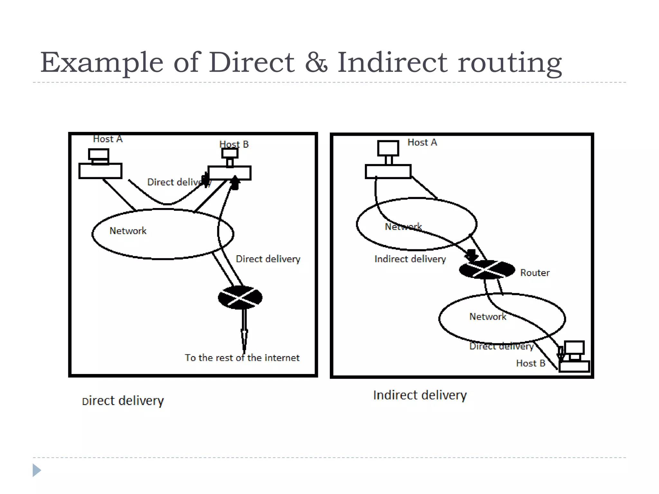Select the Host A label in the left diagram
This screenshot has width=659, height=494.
point(107,139)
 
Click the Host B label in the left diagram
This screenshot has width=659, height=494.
point(234,144)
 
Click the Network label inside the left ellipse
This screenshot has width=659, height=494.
point(128,231)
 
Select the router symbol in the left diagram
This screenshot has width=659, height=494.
point(240,297)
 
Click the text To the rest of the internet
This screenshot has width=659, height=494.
point(242,358)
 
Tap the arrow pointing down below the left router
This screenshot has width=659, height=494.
point(244,338)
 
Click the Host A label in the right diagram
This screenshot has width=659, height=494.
point(422,142)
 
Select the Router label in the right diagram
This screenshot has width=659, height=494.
point(535,273)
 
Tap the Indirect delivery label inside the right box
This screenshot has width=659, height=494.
point(410,259)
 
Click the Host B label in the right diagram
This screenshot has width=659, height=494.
point(531,363)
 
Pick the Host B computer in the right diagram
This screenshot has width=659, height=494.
point(574,357)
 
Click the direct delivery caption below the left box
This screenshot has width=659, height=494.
point(123,401)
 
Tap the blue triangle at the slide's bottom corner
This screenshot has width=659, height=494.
point(36,470)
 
